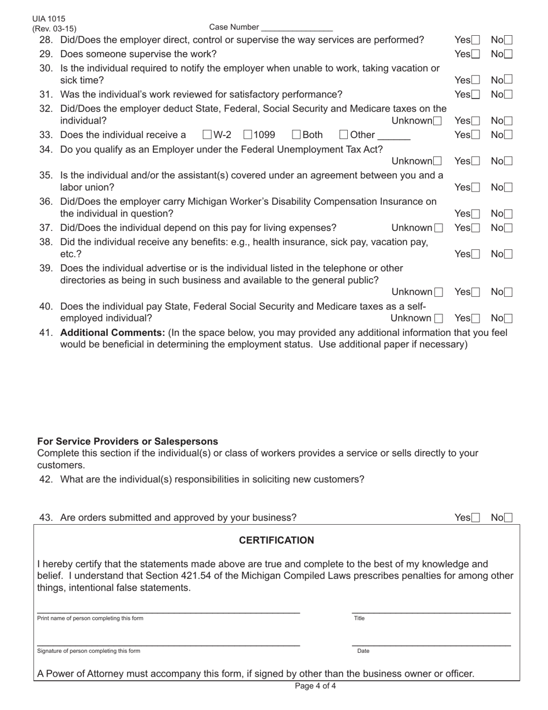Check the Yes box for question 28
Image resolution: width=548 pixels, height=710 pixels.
pos(475,40)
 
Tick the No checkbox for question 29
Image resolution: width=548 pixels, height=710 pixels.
pos(508,54)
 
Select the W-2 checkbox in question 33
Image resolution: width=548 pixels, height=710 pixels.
pos(208,135)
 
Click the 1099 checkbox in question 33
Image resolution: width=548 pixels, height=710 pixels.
pos(247,135)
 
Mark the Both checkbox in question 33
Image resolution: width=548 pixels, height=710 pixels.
pos(296,135)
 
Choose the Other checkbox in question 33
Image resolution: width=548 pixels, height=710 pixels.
pos(344,135)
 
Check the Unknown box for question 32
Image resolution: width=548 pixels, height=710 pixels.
pos(438,121)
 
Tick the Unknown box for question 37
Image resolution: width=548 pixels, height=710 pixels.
pos(439,228)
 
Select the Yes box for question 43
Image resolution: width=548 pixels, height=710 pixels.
pos(475,518)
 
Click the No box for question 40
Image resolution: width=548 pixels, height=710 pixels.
pos(508,318)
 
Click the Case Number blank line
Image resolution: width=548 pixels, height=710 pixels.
pos(296,28)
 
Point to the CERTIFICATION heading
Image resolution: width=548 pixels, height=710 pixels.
pos(276,540)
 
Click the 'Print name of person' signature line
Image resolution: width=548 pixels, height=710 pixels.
pos(168,611)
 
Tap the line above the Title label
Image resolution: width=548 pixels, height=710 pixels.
pos(431,611)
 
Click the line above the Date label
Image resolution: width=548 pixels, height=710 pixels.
pos(431,644)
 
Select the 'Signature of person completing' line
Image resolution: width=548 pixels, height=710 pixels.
pos(168,644)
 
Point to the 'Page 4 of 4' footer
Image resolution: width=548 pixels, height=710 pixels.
pos(315,686)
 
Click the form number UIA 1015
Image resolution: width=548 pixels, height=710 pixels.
pos(49,19)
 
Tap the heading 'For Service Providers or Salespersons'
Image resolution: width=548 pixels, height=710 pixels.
pos(127,442)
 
